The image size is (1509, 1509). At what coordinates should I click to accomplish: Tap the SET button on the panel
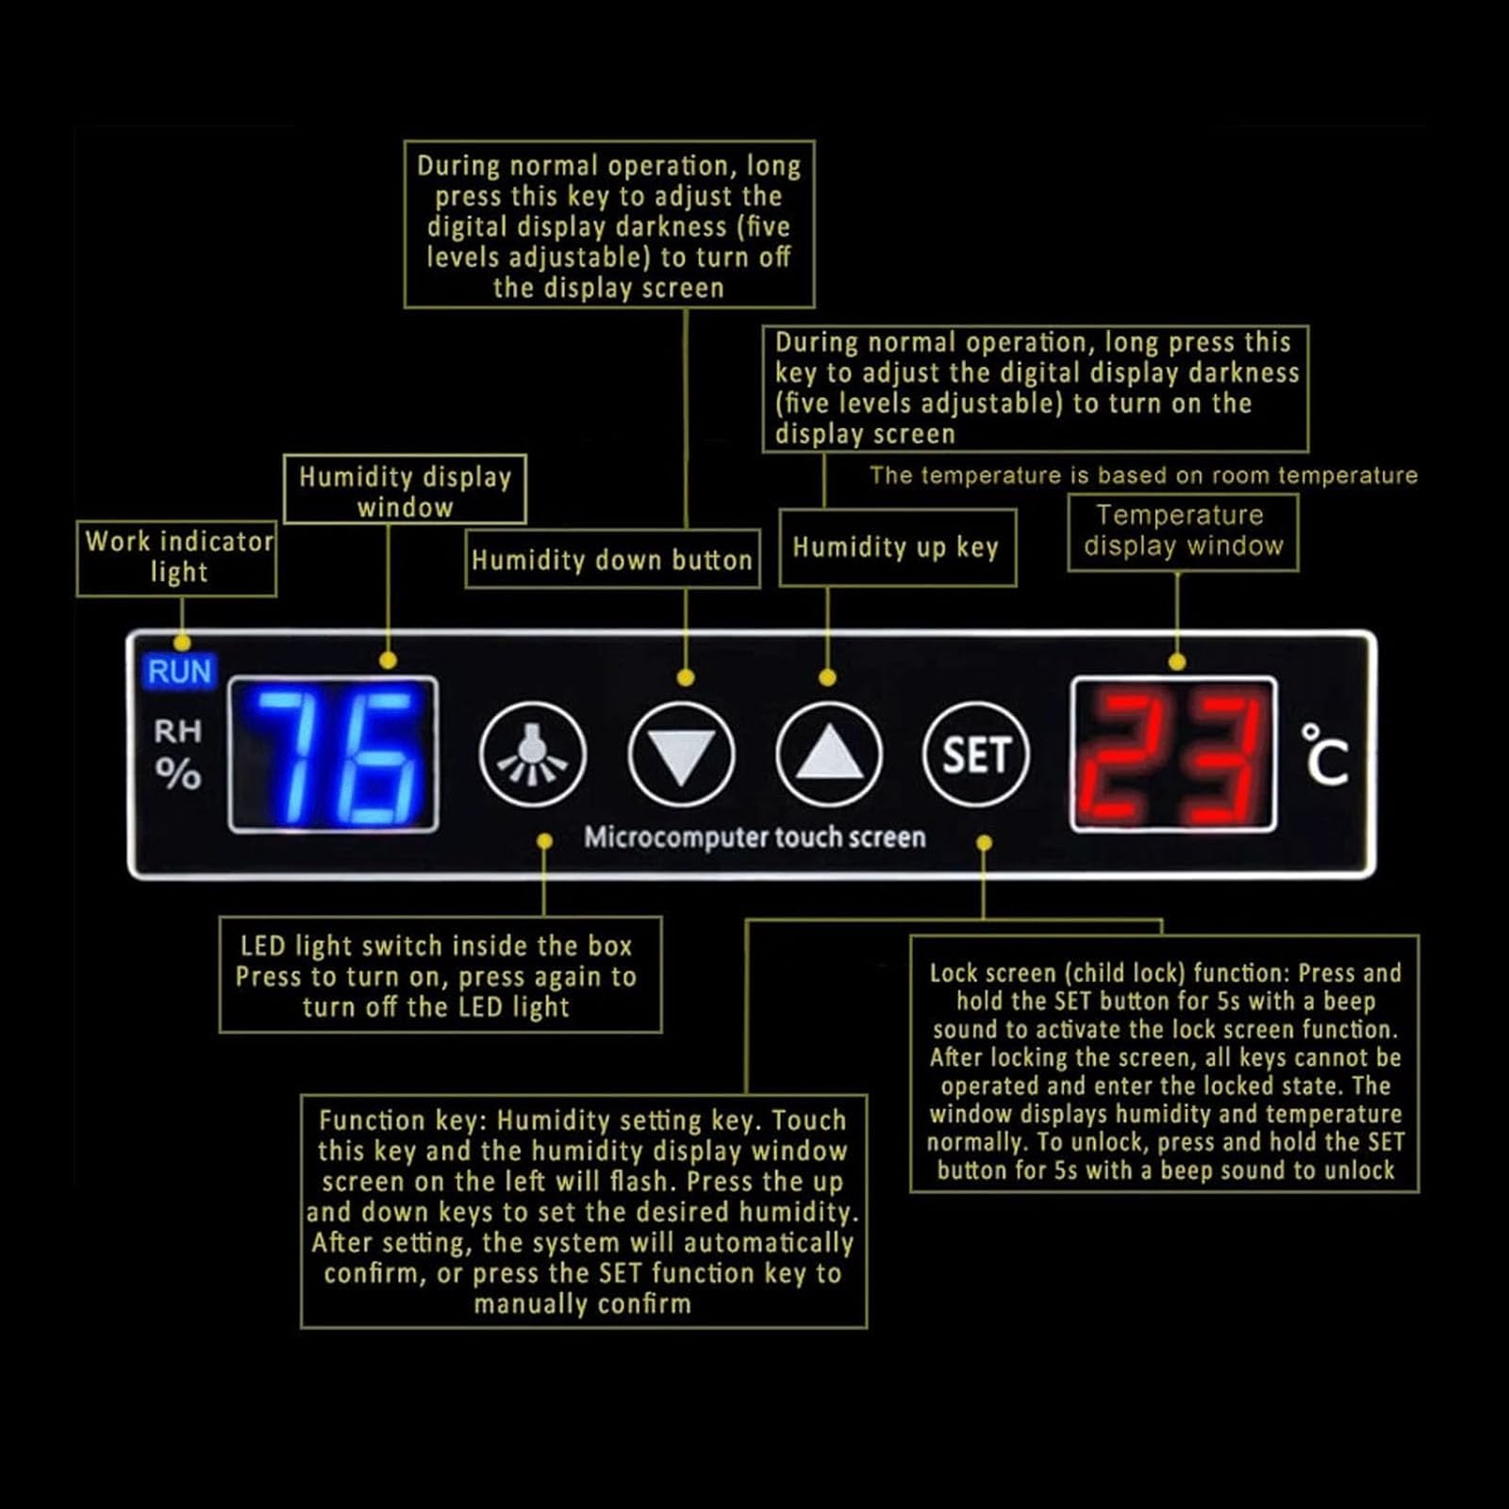pos(976,754)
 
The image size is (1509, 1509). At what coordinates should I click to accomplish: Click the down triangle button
pos(681,754)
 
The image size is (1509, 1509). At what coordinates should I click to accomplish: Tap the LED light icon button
pos(533,754)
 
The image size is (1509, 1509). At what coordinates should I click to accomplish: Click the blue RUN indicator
pos(179,672)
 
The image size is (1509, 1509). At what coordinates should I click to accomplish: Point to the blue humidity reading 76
pos(334,754)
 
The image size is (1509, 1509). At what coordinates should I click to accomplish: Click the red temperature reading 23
pos(1174,754)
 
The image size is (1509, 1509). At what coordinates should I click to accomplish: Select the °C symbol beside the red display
pos(1325,754)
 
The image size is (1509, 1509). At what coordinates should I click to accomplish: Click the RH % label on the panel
pos(178,754)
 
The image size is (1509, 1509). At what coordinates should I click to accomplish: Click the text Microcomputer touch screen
pos(754,837)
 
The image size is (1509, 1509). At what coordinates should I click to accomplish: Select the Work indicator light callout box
pos(176,558)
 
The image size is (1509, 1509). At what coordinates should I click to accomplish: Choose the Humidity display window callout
pos(405,489)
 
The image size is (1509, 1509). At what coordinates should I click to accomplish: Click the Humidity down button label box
pos(612,559)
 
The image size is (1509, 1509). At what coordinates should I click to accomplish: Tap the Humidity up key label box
pos(898,548)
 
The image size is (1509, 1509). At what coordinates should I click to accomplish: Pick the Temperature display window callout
pos(1183,532)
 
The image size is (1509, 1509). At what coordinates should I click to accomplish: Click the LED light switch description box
pos(439,975)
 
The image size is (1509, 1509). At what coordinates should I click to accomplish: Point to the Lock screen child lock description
pos(1164,1064)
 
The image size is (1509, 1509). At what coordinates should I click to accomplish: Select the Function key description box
pos(583,1211)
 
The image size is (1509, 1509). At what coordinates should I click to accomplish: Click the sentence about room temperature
pos(1143,475)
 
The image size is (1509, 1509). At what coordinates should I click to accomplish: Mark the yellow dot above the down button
pos(686,677)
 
